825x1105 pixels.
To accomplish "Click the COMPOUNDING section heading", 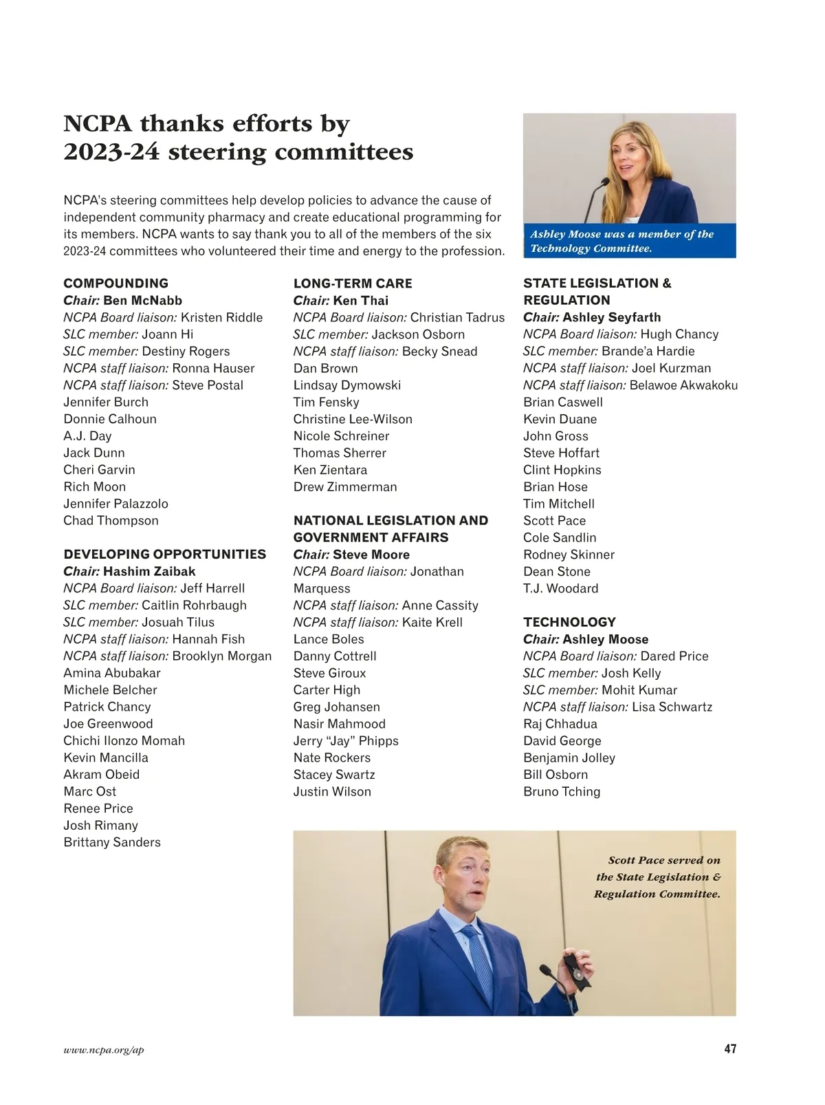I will pos(115,283).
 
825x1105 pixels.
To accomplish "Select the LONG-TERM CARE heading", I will pos(353,283).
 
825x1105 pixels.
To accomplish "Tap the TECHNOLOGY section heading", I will pos(569,622).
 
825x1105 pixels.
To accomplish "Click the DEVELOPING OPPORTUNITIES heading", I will pos(164,555).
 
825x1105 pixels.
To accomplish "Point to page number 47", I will pos(729,1049).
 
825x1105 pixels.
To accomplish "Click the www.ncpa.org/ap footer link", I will pos(104,1050).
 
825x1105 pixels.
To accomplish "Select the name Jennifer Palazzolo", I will pos(115,504).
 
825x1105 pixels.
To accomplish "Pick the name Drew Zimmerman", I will pos(345,487).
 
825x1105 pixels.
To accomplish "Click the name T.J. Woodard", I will pos(560,588).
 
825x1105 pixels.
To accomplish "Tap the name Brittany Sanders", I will pos(112,842).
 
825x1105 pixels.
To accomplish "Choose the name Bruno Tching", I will pos(562,791).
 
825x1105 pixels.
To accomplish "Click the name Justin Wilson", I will pos(332,791).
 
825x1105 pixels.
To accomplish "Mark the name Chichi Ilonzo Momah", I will pos(124,741).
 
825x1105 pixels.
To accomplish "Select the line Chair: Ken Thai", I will pos(340,301).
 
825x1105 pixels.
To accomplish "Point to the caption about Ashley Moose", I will pos(621,241).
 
